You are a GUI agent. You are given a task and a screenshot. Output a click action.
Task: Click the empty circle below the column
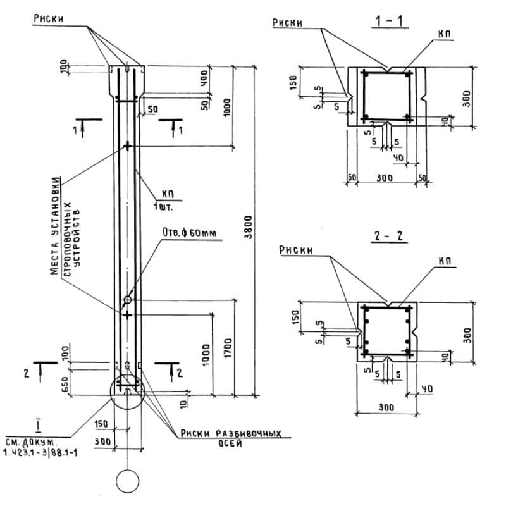tap(127, 481)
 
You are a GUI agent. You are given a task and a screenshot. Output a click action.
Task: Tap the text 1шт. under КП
tap(163, 206)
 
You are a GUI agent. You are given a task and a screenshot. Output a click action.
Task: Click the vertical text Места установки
tap(56, 225)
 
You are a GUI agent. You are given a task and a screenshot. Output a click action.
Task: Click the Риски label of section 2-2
tap(296, 250)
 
